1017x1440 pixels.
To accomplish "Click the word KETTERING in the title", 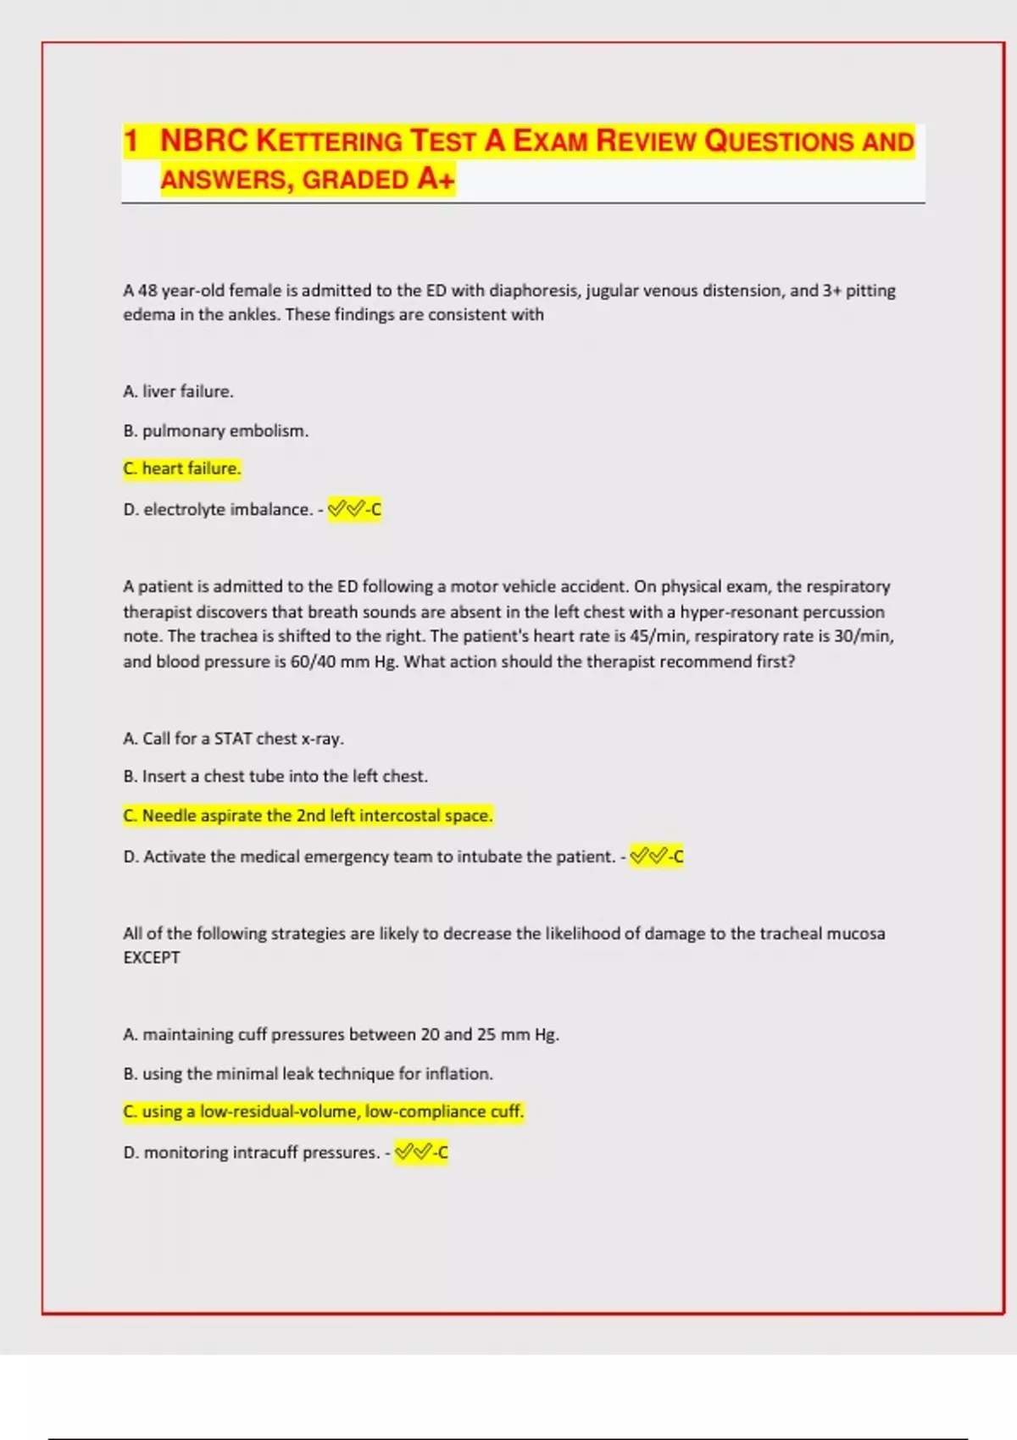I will point(329,141).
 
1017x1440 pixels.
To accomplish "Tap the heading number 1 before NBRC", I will point(131,141).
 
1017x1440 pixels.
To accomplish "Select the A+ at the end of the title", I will point(436,179).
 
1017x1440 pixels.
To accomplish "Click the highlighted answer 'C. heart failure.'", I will point(182,468).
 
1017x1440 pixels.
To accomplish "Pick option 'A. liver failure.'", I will point(178,391).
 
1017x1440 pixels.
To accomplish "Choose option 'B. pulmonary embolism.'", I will point(215,430).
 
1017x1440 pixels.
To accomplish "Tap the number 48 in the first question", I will point(147,291).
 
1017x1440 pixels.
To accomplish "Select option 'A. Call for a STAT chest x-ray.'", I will point(233,739).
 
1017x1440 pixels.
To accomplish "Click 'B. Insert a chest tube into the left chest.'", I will point(275,776).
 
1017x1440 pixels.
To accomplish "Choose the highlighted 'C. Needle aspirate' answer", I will point(308,816).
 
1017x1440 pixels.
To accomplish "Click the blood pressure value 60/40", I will point(313,662).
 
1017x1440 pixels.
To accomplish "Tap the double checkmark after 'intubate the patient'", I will point(647,856).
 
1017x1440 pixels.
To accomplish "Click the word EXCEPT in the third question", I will point(152,958).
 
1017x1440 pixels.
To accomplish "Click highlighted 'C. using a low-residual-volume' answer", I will point(324,1111).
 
